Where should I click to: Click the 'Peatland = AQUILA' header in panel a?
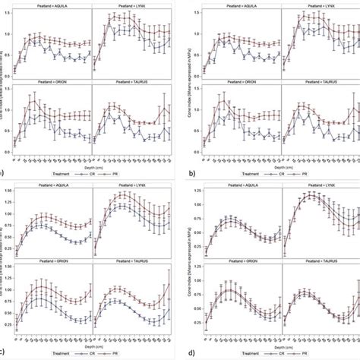coord(51,5)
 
